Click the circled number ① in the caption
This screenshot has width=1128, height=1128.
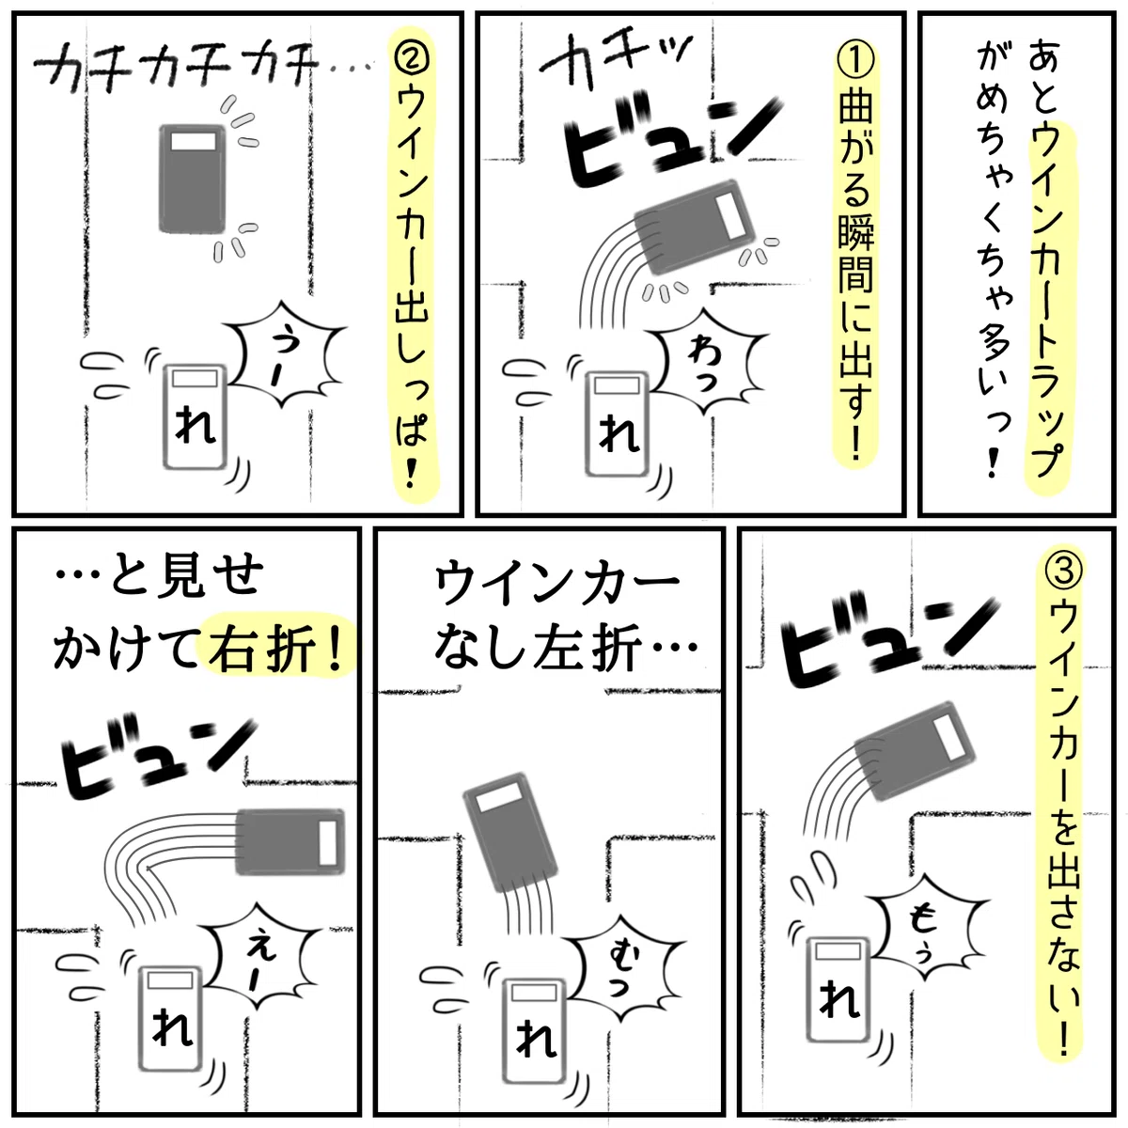pyautogui.click(x=855, y=61)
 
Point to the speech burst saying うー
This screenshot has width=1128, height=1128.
pyautogui.click(x=285, y=354)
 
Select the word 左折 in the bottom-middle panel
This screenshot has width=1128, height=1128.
pyautogui.click(x=585, y=650)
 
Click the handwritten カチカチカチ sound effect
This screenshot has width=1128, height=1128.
pyautogui.click(x=180, y=70)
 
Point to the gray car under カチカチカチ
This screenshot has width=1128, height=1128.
pyautogui.click(x=193, y=179)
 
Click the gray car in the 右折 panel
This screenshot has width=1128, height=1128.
pyautogui.click(x=290, y=842)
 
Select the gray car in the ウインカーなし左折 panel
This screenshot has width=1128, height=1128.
pyautogui.click(x=509, y=832)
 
